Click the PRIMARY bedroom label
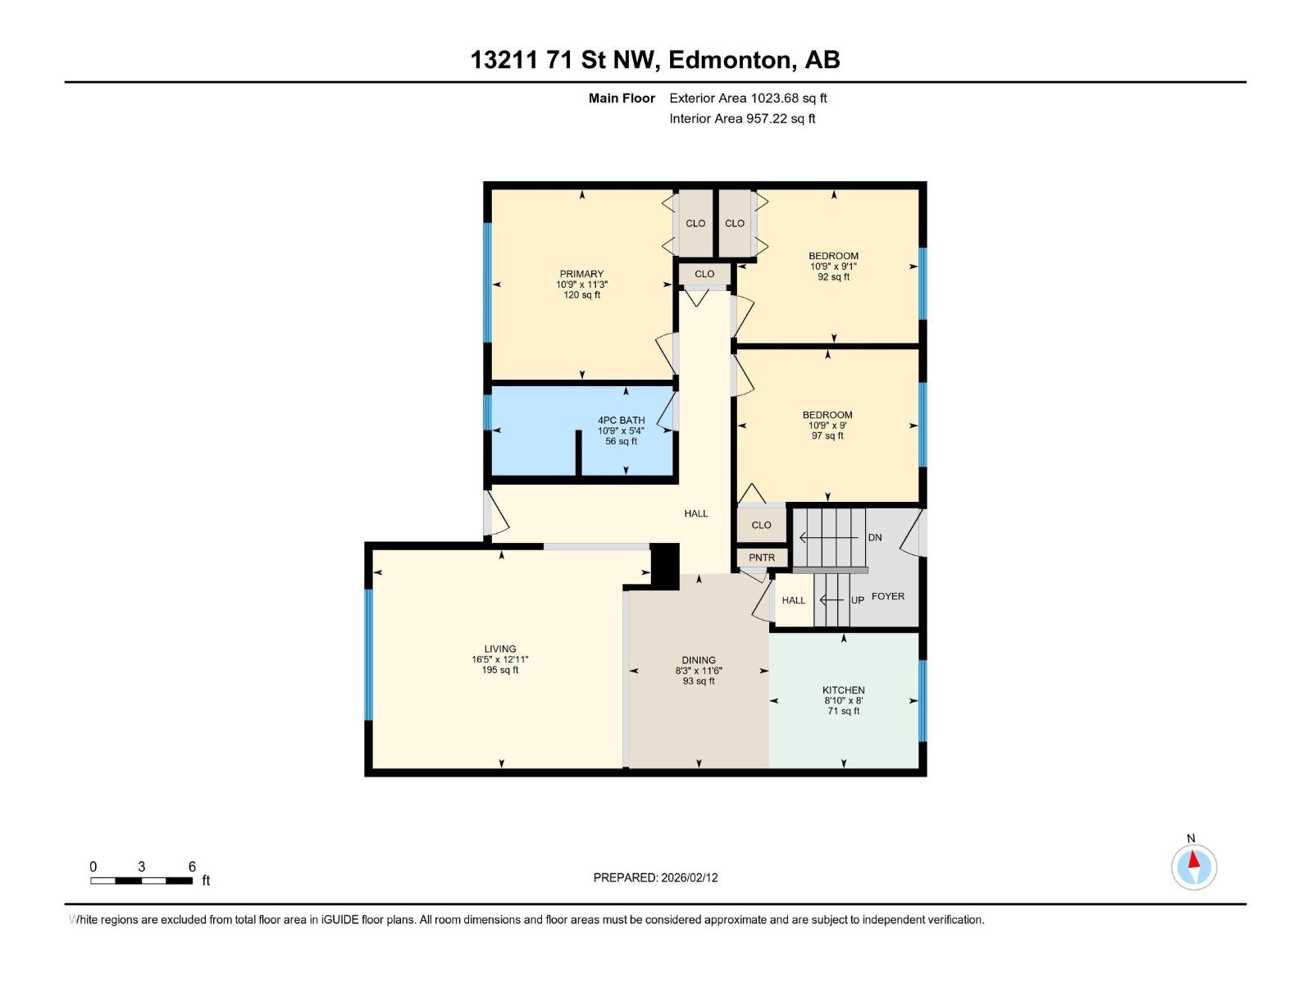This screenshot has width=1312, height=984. (x=581, y=275)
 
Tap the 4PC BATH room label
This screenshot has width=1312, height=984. (x=621, y=421)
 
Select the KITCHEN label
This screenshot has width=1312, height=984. (x=843, y=690)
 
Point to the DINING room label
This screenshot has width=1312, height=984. (x=699, y=660)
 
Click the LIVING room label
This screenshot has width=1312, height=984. (x=499, y=649)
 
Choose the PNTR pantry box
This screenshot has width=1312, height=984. (x=762, y=558)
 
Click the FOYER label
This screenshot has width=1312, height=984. (x=887, y=596)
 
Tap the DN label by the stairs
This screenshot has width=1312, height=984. (x=874, y=538)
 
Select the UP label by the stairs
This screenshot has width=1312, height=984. (x=857, y=600)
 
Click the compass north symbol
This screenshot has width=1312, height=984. (x=1193, y=866)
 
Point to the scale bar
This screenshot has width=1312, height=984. (x=142, y=880)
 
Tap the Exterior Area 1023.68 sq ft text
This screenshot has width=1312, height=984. (x=748, y=98)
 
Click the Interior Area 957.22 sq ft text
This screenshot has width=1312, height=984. (x=742, y=119)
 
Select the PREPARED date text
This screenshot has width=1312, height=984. (x=655, y=877)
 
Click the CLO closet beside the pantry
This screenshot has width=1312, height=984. (x=761, y=525)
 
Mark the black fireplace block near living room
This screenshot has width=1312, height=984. (x=664, y=565)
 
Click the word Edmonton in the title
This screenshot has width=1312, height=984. (x=732, y=60)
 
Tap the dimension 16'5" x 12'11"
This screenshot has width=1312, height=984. (x=499, y=659)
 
